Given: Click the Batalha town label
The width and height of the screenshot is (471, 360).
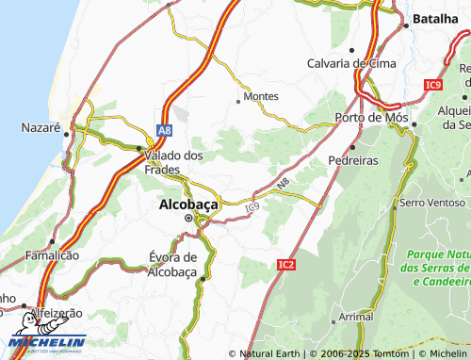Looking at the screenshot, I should pos(437,19).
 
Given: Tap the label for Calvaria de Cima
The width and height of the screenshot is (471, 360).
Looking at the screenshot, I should pos(352,63).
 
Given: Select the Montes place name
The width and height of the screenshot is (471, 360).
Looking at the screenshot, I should pos(261,96).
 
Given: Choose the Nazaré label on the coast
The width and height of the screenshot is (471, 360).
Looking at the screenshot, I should pos(41,126).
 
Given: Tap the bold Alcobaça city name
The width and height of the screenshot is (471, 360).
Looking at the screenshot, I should pos(188,203).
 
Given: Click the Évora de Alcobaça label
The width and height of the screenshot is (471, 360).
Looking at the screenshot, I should pos(172,264).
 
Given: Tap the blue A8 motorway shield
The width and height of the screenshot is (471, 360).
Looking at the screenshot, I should pos(165,130).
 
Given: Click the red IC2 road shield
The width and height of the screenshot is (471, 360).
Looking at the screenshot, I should pos(286,266).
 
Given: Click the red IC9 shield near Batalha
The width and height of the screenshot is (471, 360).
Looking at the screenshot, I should pos(432,85).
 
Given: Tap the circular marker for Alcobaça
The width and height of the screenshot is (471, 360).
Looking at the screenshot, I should pos(187,219).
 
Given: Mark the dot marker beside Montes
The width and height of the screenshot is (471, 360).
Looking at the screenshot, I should pos(237,97).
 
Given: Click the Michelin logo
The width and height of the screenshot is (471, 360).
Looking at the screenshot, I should pos(47,344).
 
